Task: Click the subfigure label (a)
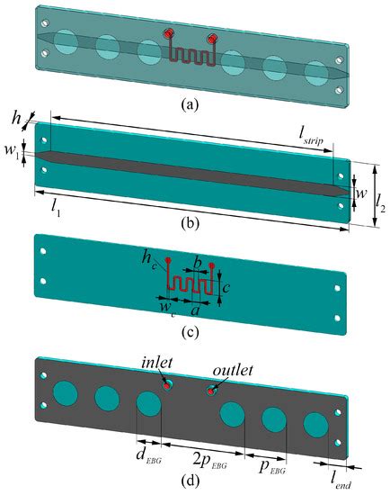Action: tap(190, 104)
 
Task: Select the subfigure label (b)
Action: tap(190, 223)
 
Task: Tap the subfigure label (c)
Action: tap(190, 332)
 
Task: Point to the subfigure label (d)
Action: tap(190, 481)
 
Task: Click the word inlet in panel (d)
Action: tap(156, 363)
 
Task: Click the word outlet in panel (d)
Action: tap(233, 370)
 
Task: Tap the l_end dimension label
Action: tap(341, 481)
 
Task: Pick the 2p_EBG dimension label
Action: tap(209, 461)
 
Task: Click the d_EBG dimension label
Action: tap(148, 456)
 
